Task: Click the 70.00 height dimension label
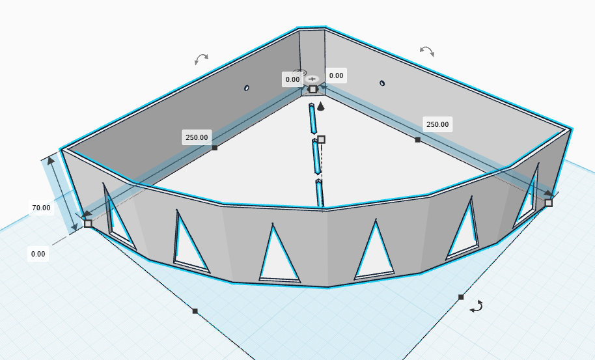41,208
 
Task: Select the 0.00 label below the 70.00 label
38,254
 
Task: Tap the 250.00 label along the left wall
197,137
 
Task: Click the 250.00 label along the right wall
437,124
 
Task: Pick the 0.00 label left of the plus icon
292,79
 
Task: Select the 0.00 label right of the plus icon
336,76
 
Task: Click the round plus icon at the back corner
312,79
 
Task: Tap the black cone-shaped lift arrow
321,106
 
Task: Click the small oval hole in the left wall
247,88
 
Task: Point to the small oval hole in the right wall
382,83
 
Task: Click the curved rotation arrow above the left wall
201,58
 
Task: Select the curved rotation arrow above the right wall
427,51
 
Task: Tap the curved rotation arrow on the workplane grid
477,307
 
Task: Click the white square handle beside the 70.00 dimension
88,223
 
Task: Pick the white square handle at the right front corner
548,203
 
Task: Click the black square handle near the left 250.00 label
215,148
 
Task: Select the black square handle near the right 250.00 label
418,140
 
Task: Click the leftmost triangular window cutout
117,220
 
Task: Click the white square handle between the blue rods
321,139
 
